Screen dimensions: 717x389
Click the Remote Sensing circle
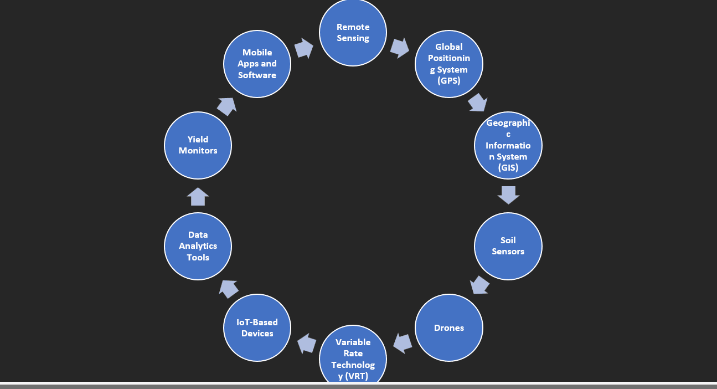coord(353,32)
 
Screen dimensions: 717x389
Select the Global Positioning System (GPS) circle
coord(449,64)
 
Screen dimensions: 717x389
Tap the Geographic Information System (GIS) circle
coord(508,146)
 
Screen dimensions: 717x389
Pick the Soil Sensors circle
coord(508,246)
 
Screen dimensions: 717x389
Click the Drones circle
coord(449,327)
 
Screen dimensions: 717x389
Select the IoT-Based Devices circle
coord(257,327)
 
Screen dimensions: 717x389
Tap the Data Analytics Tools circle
coord(198,246)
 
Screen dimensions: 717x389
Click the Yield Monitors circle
coord(198,146)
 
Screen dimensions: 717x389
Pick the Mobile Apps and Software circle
coord(257,64)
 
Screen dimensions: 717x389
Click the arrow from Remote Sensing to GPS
coord(400,48)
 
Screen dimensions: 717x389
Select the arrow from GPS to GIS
coord(478,103)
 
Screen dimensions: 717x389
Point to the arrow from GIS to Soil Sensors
coord(508,195)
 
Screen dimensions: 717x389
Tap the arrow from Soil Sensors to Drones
coord(479,285)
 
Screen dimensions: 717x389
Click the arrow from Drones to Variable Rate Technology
coord(403,344)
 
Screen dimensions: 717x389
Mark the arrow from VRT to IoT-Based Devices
coord(307,344)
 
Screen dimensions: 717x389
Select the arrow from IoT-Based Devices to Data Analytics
coord(229,289)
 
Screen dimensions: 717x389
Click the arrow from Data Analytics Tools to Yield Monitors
coord(198,196)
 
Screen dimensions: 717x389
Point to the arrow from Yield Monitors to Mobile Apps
coord(226,107)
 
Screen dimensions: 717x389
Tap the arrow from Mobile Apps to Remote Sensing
coord(304,48)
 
